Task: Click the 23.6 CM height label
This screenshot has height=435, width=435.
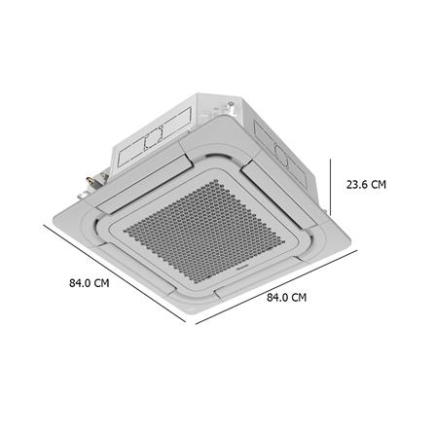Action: pyautogui.click(x=366, y=185)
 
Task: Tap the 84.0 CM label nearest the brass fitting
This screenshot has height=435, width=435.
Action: pyautogui.click(x=90, y=283)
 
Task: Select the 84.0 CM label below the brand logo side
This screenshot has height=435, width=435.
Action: pyautogui.click(x=286, y=297)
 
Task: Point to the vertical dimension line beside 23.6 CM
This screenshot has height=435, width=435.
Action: pyautogui.click(x=331, y=187)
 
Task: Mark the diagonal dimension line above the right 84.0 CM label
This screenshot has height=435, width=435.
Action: pyautogui.click(x=276, y=287)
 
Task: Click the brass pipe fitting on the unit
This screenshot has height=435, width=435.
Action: pyautogui.click(x=90, y=180)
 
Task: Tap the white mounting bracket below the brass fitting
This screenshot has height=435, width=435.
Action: pyautogui.click(x=83, y=196)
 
